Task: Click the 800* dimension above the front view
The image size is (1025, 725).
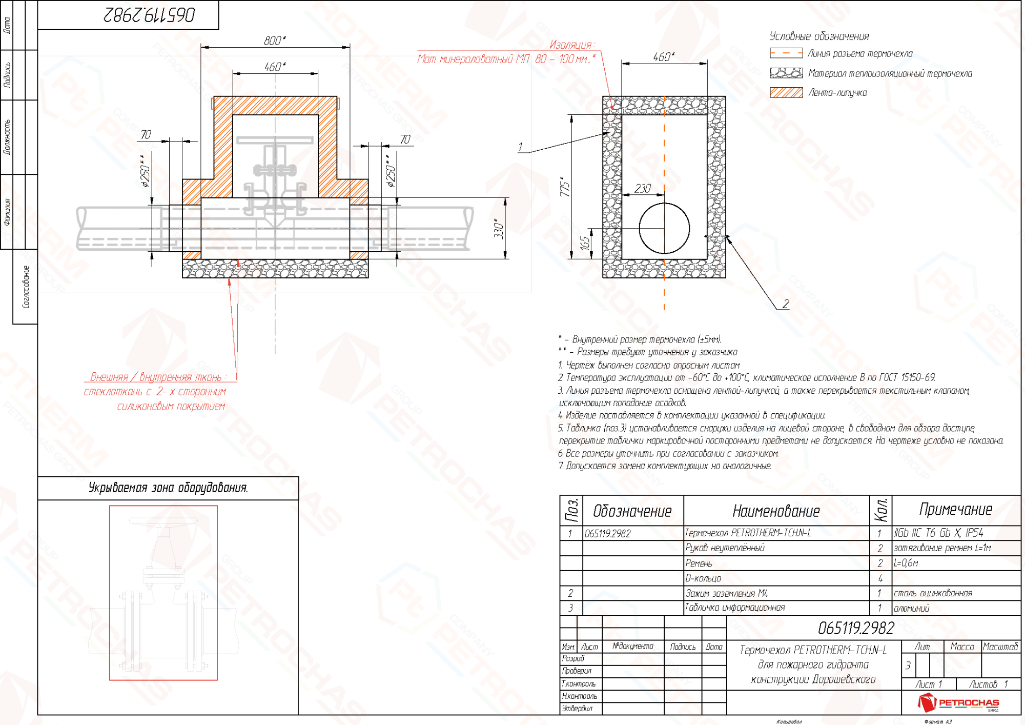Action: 275,41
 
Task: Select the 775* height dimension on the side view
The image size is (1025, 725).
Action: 564,187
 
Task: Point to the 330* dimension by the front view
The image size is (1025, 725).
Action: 499,229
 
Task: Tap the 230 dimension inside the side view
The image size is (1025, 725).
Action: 643,189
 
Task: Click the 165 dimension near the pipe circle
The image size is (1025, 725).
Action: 585,244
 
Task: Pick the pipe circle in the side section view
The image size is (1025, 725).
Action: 664,228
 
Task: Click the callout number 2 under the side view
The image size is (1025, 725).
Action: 786,304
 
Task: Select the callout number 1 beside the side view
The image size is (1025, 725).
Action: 520,147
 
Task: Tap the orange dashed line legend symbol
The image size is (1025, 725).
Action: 786,53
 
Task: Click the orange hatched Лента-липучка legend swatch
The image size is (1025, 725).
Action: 786,93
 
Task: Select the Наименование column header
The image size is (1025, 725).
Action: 776,511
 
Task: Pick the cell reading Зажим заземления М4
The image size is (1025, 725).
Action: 727,593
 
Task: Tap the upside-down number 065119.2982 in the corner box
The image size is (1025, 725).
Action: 149,15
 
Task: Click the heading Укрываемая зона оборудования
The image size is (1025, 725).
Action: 168,488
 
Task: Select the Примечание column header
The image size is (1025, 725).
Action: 955,510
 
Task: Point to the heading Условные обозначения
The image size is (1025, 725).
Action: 819,36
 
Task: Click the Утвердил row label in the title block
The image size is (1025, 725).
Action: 577,708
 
